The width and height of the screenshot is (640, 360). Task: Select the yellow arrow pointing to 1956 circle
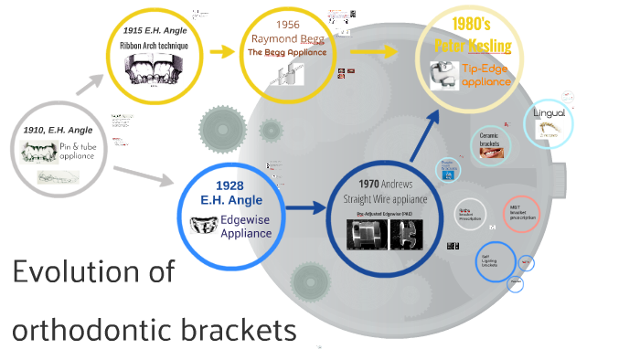pyautogui.click(x=222, y=51)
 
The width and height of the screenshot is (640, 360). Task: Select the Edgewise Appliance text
pyautogui.click(x=246, y=227)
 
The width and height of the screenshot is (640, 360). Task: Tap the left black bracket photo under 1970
pyautogui.click(x=367, y=233)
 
